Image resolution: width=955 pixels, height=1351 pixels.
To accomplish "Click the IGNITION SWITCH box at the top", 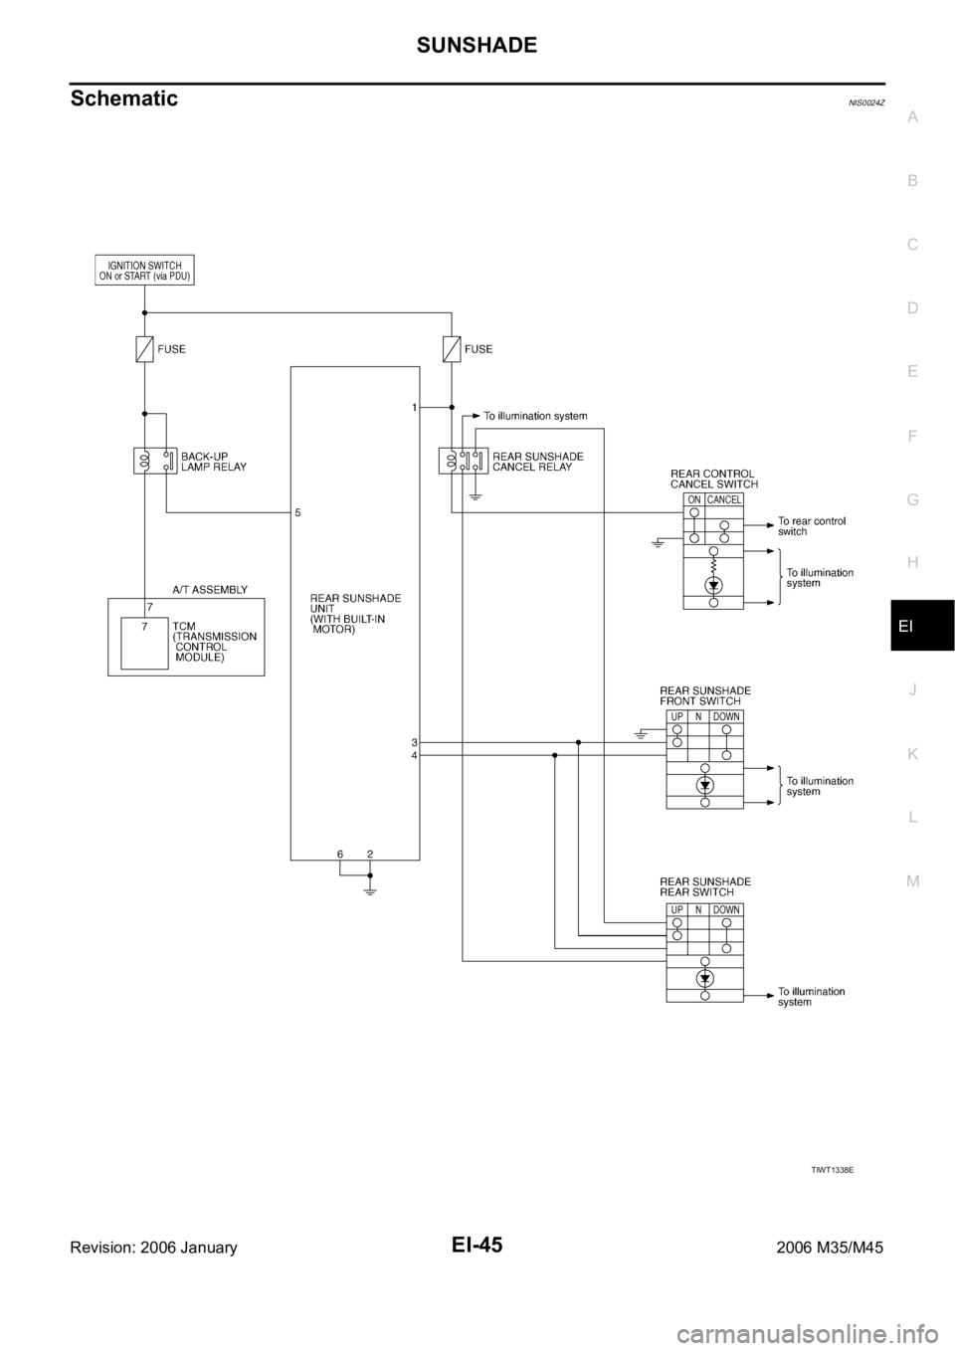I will click(x=144, y=271).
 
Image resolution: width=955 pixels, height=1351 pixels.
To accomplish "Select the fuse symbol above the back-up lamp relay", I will click(x=145, y=349).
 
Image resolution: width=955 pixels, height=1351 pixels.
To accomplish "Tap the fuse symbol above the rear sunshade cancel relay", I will click(x=452, y=349).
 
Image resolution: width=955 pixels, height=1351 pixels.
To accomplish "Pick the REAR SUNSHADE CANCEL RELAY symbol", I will click(x=462, y=461).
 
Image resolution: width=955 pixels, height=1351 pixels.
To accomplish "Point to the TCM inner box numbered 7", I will click(x=144, y=644).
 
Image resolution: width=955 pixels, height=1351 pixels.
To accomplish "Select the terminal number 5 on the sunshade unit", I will click(x=297, y=513).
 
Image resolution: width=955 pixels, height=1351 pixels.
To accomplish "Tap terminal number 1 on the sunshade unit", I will click(x=413, y=407).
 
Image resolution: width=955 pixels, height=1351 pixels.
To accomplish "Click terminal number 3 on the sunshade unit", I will click(x=413, y=742).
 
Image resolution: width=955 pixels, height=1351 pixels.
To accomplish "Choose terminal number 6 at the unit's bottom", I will click(x=340, y=855).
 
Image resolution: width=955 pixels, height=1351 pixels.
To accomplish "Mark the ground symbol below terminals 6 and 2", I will click(x=370, y=890).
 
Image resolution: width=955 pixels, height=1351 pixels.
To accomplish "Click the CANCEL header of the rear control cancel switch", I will click(x=724, y=500).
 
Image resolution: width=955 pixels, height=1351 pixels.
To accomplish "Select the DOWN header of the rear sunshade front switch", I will click(x=726, y=717).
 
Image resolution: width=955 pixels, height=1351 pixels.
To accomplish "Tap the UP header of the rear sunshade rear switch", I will click(x=676, y=910).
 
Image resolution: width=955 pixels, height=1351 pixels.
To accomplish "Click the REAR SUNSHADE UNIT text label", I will click(x=355, y=614).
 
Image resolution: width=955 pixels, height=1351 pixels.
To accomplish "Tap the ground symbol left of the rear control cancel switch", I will click(x=659, y=543).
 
